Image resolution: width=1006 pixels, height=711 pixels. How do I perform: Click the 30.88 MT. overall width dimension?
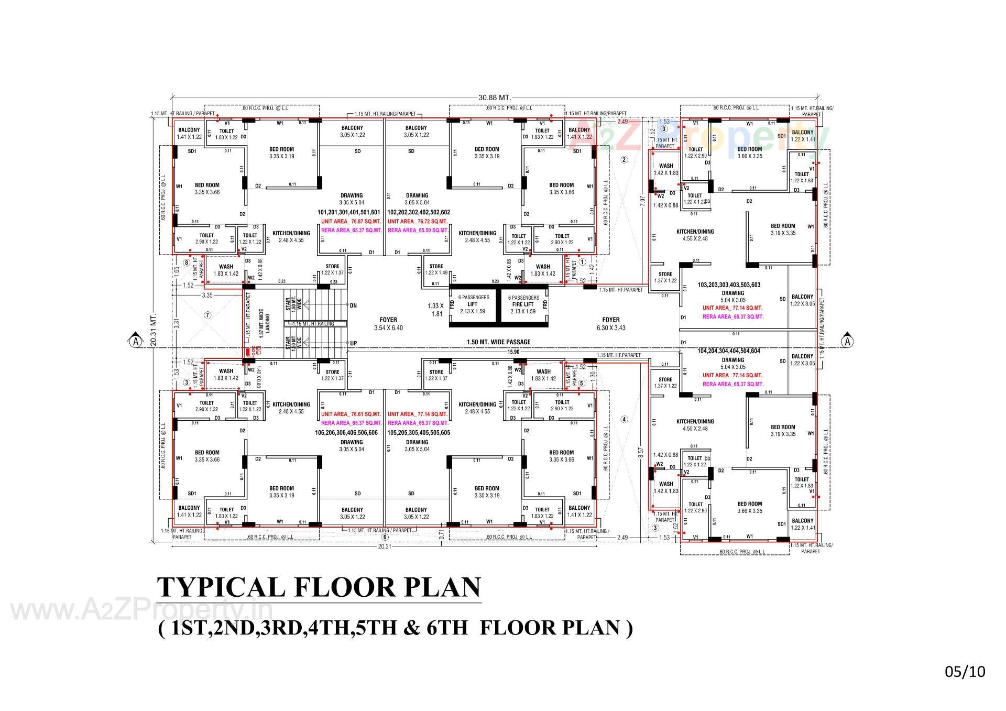point(494,97)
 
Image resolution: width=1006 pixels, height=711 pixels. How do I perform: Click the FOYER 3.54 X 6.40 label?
point(388,323)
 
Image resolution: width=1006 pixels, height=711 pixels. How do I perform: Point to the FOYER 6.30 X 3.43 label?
point(610,323)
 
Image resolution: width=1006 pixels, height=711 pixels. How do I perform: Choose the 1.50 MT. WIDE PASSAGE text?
point(498,342)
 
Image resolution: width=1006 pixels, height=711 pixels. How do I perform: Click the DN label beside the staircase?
point(353,305)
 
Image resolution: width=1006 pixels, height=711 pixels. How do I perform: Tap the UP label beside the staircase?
point(353,343)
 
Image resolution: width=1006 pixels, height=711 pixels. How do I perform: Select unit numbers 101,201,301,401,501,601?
point(348,213)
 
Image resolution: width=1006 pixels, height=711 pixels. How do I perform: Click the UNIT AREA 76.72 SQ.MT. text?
point(418,222)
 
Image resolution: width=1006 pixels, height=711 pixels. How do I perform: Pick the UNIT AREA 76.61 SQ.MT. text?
point(351,414)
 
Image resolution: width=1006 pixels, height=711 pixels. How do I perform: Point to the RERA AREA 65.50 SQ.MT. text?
point(418,230)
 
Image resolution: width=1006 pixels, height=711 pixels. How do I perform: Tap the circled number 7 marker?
point(207,315)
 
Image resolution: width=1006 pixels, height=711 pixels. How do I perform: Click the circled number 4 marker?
point(624,419)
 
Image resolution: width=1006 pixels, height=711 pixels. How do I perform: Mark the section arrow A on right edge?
point(847,341)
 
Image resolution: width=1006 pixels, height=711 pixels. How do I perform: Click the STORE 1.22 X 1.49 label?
point(436,269)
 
